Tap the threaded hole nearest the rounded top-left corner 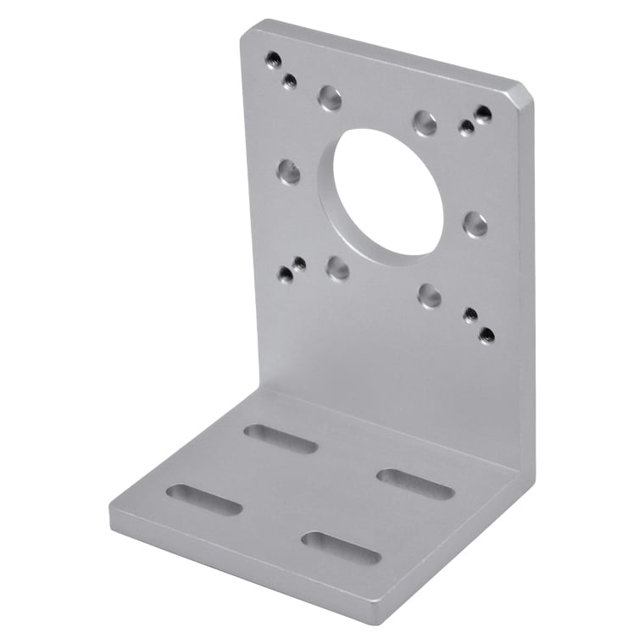pos(273,59)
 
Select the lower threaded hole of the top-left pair pos(289,81)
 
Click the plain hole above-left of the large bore pos(330,98)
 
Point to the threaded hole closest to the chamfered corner pos(483,114)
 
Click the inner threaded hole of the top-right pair pos(466,128)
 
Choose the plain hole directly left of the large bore pos(288,173)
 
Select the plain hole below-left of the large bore pos(338,269)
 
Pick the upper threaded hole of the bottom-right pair pos(469,315)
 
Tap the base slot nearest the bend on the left pos(280,438)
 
